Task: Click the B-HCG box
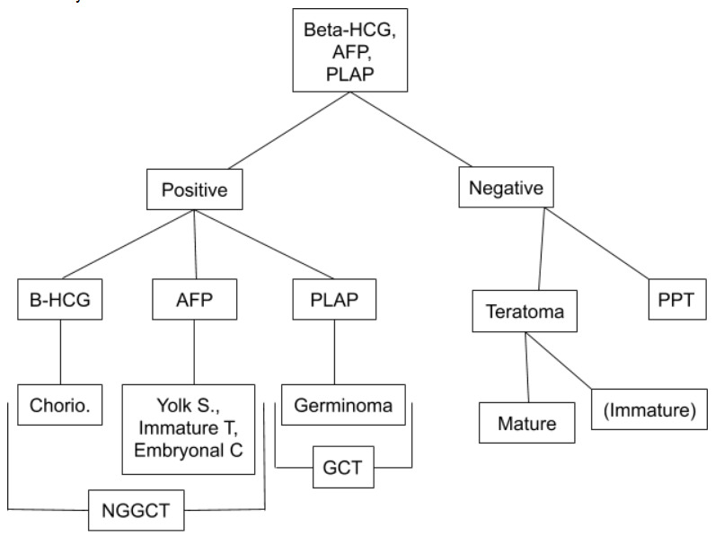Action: (x=60, y=301)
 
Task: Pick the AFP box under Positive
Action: (x=195, y=301)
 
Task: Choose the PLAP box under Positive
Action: (x=334, y=301)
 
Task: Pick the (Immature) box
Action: (x=650, y=412)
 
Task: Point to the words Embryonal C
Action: (x=188, y=450)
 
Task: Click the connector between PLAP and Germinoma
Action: (x=334, y=351)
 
